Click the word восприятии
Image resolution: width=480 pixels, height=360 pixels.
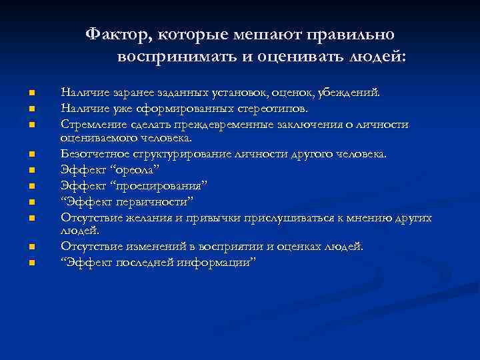coord(233,247)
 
